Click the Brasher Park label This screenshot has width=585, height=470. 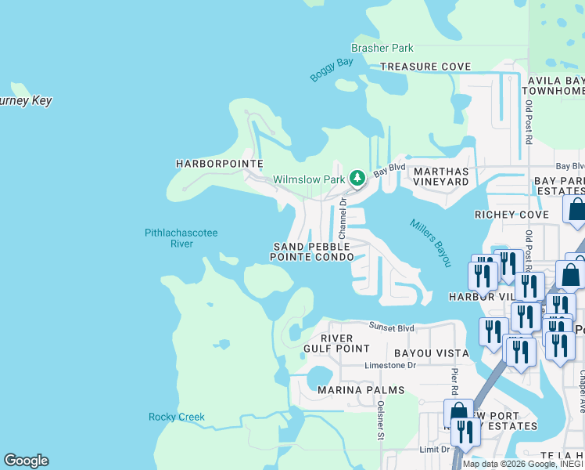[x=382, y=49]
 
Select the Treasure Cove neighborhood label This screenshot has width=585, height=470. [x=425, y=67]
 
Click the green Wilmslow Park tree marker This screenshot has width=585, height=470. [x=357, y=179]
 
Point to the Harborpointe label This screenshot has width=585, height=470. [x=208, y=164]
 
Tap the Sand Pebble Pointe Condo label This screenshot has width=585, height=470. [x=312, y=251]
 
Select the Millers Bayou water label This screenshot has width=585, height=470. [x=431, y=242]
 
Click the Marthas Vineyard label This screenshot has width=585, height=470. [x=441, y=176]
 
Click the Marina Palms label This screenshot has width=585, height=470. [x=361, y=389]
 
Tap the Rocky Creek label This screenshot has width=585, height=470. [x=177, y=417]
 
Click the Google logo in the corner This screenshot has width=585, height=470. [x=26, y=461]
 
